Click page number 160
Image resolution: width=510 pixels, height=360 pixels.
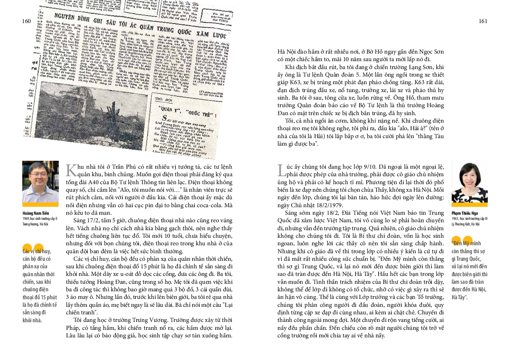click(x=26, y=21)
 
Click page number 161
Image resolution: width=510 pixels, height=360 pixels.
click(x=483, y=21)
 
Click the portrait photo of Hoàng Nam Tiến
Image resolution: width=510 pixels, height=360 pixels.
click(x=40, y=181)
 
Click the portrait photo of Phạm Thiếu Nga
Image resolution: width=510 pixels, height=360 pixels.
click(x=470, y=181)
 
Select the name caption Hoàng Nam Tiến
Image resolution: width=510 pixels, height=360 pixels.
click(x=36, y=213)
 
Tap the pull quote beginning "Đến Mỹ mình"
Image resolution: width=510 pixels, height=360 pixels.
click(x=470, y=274)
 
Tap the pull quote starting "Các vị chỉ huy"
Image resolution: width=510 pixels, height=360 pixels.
click(x=40, y=286)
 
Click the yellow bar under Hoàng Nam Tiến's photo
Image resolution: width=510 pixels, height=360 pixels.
click(x=40, y=204)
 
